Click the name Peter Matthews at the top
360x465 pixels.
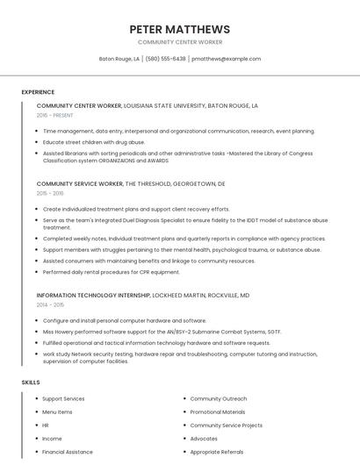[179, 29]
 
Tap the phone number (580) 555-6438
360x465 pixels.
[166, 59]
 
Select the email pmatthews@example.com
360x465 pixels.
[227, 59]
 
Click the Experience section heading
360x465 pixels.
[38, 92]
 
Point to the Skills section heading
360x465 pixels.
[31, 383]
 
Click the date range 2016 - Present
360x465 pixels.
[54, 115]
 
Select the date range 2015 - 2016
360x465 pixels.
[50, 193]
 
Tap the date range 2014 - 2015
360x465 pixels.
[50, 304]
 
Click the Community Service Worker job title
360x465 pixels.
[80, 184]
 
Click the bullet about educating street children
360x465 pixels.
[94, 141]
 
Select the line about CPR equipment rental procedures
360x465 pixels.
[112, 272]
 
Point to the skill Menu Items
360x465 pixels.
[57, 411]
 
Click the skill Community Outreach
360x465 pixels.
[219, 398]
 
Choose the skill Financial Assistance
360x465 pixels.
[68, 452]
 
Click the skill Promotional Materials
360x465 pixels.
[218, 411]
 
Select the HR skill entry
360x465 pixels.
[46, 425]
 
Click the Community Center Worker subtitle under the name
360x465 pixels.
[179, 42]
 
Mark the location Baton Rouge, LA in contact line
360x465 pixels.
[119, 59]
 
